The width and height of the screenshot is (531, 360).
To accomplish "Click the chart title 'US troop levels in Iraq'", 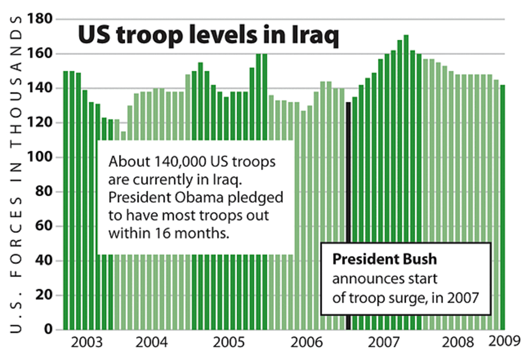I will click(208, 36).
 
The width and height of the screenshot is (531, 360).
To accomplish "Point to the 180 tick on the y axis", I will click(40, 19).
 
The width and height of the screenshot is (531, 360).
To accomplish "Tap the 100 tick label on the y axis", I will click(40, 157).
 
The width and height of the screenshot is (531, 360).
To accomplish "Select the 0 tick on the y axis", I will click(48, 329).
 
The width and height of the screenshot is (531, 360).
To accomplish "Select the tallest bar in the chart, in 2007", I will click(406, 180).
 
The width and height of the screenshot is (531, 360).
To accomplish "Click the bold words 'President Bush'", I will click(384, 260).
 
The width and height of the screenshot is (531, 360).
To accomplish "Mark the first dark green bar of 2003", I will click(65, 198).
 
